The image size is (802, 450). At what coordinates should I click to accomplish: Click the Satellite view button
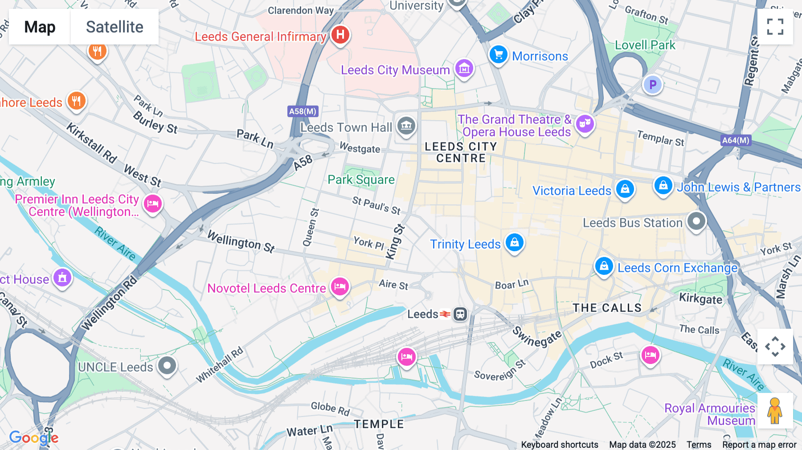point(115,27)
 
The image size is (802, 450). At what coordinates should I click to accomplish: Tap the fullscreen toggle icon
point(775,27)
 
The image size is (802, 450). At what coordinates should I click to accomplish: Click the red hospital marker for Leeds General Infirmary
point(340,34)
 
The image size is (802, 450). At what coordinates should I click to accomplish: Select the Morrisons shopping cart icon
point(498,55)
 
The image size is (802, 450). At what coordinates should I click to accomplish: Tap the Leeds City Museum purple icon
point(464,69)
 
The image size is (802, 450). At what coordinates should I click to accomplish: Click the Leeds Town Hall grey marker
point(406,126)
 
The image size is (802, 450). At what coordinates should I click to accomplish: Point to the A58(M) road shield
point(303,111)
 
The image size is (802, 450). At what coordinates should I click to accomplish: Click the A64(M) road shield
point(736,140)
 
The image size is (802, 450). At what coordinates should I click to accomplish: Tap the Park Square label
point(361,180)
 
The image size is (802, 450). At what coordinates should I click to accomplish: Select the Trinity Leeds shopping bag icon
point(515,242)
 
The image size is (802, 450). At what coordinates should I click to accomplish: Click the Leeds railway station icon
point(460,314)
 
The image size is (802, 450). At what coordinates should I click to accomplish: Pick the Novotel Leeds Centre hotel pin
point(340,286)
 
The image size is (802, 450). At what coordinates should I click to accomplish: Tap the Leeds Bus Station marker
point(696,221)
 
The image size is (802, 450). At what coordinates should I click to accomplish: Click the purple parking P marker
point(653,84)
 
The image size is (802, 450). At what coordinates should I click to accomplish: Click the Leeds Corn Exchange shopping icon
point(604,266)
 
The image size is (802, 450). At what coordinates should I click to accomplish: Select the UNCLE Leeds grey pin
point(167,366)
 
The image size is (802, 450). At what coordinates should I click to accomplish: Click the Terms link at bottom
point(699,445)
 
